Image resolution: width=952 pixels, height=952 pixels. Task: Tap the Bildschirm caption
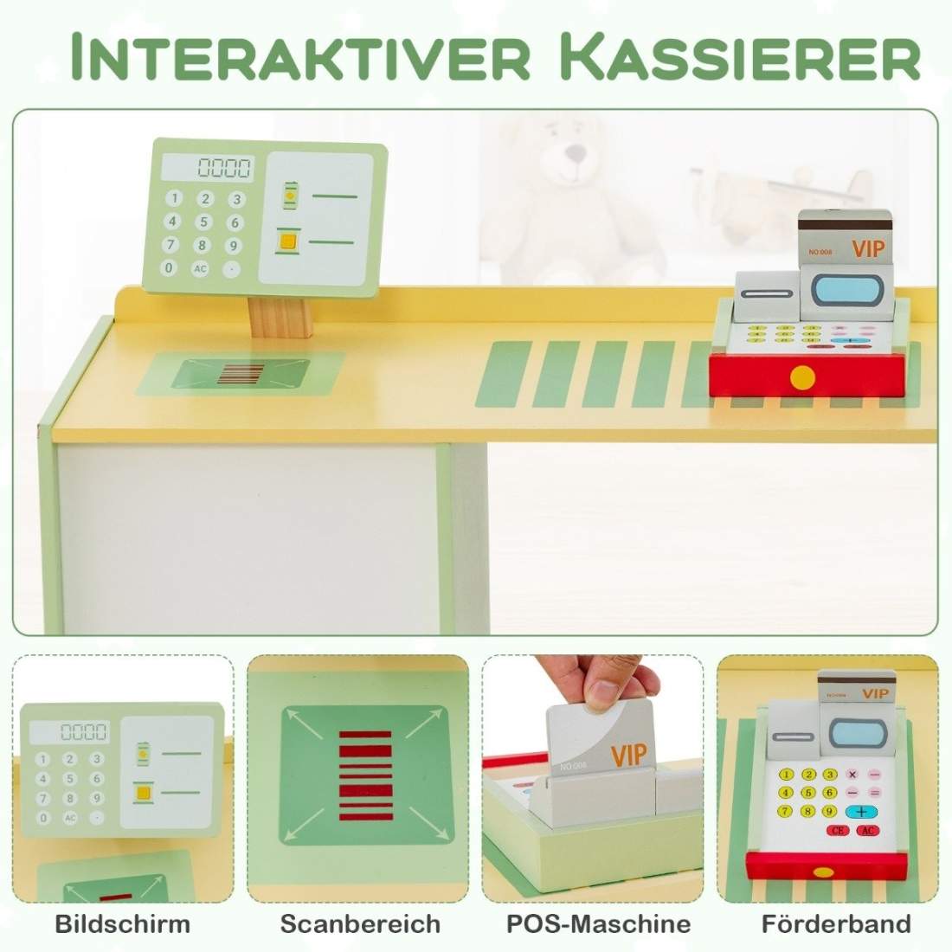[x=122, y=923]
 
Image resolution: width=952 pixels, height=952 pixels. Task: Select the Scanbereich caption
[x=360, y=923]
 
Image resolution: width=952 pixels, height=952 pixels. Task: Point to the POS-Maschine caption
[x=598, y=923]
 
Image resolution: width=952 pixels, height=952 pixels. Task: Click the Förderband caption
[x=836, y=923]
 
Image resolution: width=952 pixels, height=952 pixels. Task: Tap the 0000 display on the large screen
[x=224, y=167]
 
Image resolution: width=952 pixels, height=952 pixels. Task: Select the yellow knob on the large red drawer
[x=803, y=376]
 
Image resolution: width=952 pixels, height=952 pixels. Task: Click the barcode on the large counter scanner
[x=239, y=374]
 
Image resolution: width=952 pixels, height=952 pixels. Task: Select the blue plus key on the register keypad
[x=861, y=812]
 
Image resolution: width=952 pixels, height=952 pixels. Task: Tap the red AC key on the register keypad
[x=869, y=831]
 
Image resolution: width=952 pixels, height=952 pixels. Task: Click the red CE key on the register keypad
[x=838, y=831]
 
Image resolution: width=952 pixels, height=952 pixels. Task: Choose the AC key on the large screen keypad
[x=200, y=268]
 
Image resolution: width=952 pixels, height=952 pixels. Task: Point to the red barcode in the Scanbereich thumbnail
[x=364, y=775]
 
